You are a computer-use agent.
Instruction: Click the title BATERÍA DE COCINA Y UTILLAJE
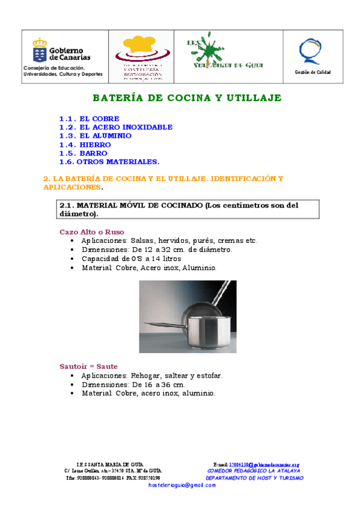(x=187, y=97)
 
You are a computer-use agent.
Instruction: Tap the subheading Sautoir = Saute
(x=88, y=366)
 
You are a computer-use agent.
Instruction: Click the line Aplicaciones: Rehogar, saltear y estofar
(x=152, y=376)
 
